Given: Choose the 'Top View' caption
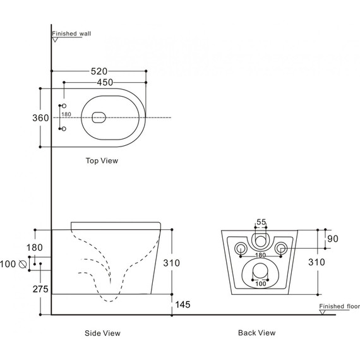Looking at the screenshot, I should pos(102,161).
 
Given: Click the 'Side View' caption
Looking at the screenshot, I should pos(102,333).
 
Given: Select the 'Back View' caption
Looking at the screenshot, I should pos(256,333).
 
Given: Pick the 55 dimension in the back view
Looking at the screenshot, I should pos(261,222).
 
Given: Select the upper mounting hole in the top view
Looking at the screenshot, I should pos(63,105).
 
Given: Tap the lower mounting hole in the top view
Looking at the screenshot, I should pos(63,129).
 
